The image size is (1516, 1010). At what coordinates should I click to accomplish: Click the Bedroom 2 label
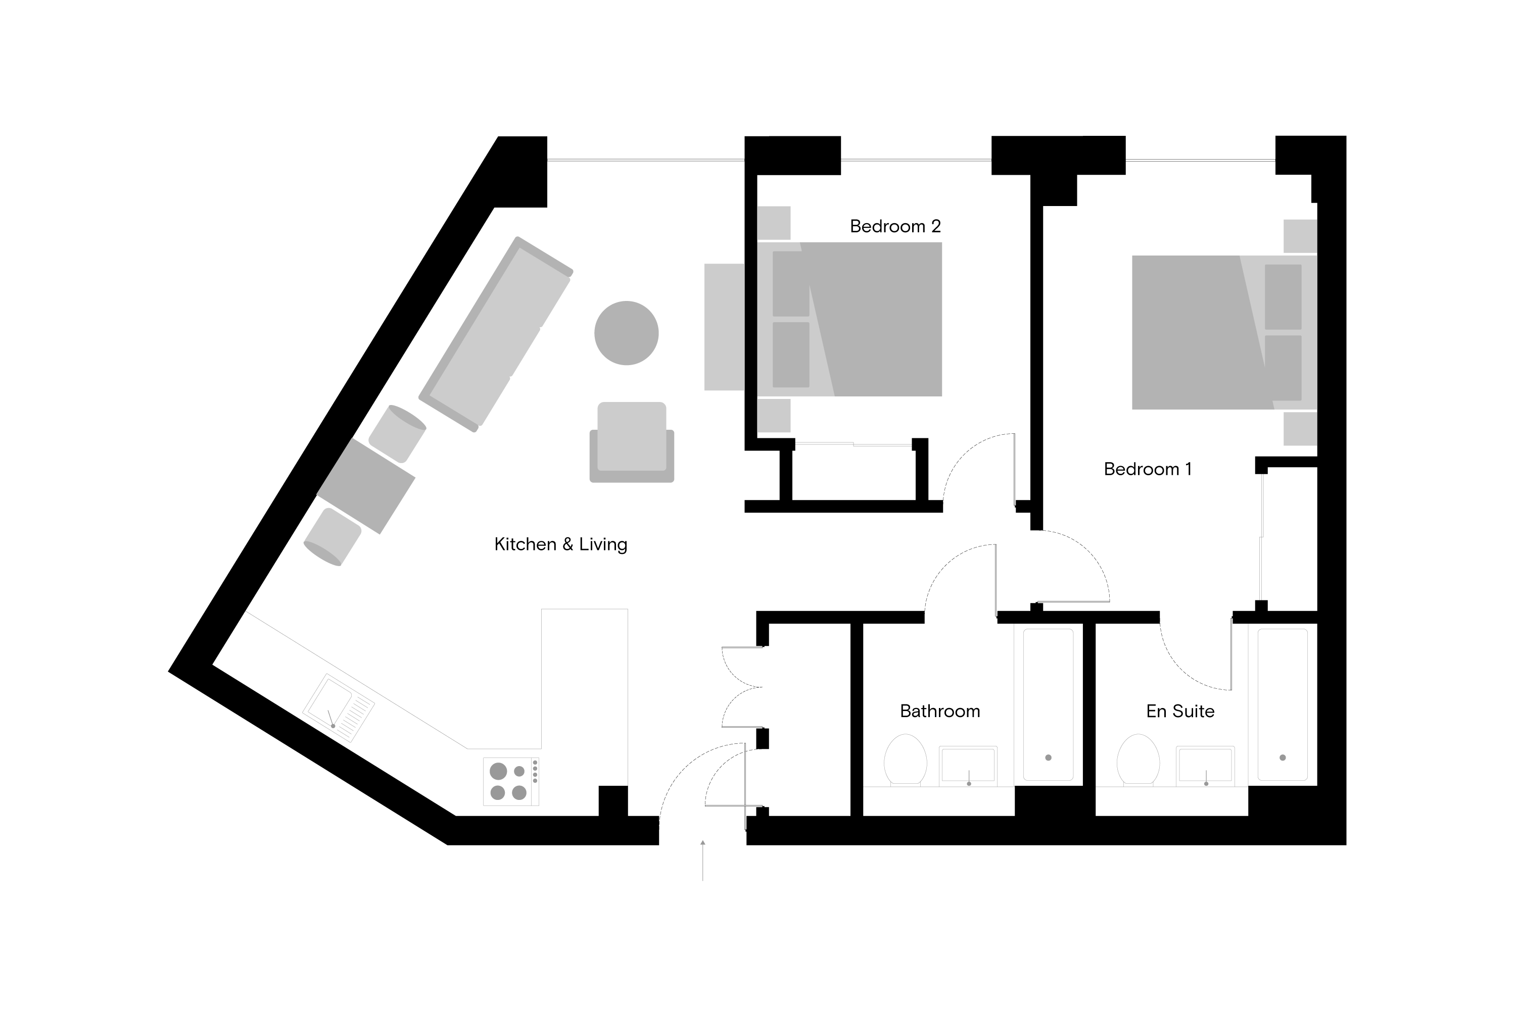point(895,226)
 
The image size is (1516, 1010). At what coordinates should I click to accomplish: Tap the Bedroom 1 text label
point(1148,469)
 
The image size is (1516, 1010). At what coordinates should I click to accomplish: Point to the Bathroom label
point(940,711)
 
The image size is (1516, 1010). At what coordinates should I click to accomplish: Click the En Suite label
point(1180,711)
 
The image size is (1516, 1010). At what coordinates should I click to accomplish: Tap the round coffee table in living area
point(627,333)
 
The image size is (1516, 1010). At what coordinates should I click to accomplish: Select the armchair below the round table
point(632,442)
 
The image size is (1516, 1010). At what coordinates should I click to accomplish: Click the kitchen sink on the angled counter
point(339,709)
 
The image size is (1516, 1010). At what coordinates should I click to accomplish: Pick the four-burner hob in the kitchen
point(511,781)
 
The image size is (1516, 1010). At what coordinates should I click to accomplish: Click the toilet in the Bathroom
point(905,760)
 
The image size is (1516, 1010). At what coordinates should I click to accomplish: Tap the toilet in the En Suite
point(1139,760)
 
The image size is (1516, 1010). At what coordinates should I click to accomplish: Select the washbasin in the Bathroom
point(968,766)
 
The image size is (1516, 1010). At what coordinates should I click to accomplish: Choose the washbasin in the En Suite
point(1205,766)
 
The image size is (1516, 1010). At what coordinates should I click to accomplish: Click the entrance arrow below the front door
point(702,860)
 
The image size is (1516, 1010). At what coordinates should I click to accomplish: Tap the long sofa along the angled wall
point(496,334)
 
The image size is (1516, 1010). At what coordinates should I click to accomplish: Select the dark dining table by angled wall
point(365,486)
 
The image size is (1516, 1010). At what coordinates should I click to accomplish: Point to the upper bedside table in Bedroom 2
point(774,223)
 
